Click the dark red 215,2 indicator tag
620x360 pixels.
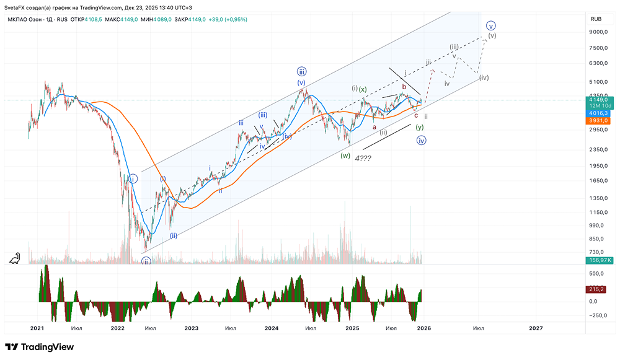point(597,289)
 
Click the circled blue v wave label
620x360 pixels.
point(491,26)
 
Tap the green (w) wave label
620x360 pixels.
point(345,156)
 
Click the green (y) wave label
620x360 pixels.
point(420,127)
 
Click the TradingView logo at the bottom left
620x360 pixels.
point(31,347)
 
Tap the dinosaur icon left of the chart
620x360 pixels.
point(14,258)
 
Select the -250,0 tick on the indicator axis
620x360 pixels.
point(598,314)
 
